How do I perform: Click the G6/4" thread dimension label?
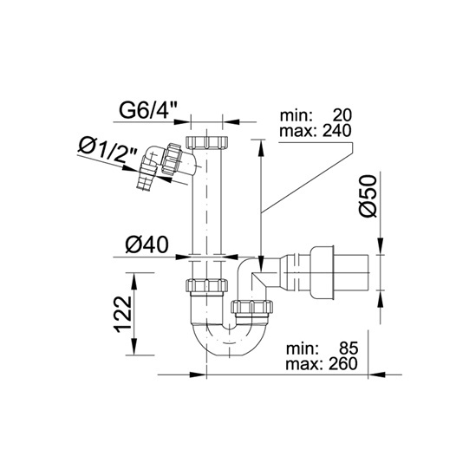[x=148, y=111]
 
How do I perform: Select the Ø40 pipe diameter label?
[x=147, y=244]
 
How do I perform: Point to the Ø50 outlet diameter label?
[x=368, y=196]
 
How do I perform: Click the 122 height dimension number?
[x=123, y=314]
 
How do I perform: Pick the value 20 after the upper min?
[x=342, y=115]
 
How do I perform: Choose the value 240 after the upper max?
[x=336, y=131]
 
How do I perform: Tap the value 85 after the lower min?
[x=348, y=348]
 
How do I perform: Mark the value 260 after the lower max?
[x=343, y=364]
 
